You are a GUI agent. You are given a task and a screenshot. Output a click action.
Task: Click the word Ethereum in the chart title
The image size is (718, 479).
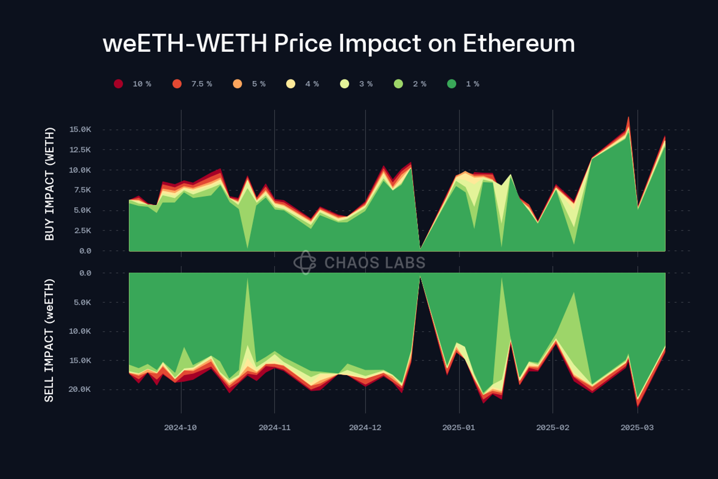pos(518,44)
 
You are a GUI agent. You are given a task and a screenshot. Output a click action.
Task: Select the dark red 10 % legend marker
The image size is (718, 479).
pos(119,84)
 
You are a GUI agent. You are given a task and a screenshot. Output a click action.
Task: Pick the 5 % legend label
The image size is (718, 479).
pos(258,84)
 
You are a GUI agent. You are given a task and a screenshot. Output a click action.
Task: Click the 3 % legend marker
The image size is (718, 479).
pos(345,84)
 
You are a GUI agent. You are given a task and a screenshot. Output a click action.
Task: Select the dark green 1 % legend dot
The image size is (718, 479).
pos(451,84)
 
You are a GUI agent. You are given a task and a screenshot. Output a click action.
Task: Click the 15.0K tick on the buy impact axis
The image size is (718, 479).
pos(80,129)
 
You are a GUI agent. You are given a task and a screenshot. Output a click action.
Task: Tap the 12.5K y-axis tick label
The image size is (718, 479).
pos(80,149)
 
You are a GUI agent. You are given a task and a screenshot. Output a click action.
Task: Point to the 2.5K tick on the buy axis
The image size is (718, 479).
pos(82,230)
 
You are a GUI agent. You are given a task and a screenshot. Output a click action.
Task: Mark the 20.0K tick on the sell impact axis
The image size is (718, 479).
pos(79,389)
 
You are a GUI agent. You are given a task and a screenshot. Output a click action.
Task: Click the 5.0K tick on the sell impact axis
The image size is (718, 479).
pos(82,302)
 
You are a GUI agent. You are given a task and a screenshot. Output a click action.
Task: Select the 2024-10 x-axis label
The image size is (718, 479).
pos(180,427)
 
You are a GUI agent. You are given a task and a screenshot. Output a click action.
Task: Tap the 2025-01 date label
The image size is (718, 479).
pos(459,427)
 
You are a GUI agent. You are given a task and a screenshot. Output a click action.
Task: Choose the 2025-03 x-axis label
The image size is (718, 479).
pos(637,427)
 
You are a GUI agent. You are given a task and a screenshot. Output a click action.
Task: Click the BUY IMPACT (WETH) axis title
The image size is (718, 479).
pos(49,184)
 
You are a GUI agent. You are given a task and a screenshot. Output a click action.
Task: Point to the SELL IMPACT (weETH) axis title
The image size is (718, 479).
pos(49,340)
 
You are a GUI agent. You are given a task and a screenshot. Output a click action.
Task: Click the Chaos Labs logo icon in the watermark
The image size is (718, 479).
pos(305,262)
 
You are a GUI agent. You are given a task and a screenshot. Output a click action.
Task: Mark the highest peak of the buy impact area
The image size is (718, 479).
pos(628,117)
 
